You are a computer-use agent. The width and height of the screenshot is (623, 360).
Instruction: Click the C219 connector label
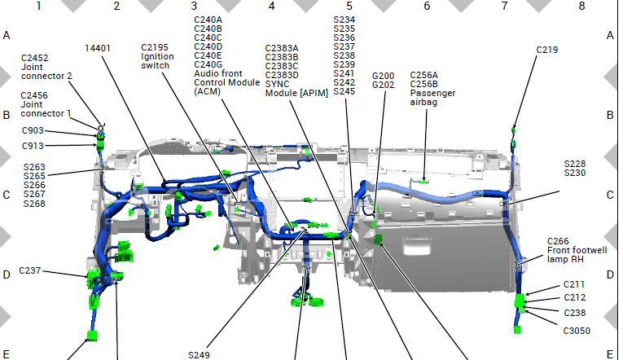pyautogui.click(x=547, y=50)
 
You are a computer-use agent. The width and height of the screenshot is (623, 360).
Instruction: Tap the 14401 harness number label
pyautogui.click(x=98, y=49)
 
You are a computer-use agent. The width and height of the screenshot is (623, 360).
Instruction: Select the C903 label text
pyautogui.click(x=33, y=131)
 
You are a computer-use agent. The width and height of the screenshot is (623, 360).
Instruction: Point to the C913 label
pyautogui.click(x=33, y=147)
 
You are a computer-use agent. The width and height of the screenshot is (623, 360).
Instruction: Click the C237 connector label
pyautogui.click(x=30, y=270)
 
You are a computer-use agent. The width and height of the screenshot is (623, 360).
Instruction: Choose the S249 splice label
pyautogui.click(x=199, y=355)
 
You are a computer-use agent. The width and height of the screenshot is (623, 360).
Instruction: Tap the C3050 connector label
pyautogui.click(x=577, y=331)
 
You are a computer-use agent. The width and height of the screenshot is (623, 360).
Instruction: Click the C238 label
pyautogui.click(x=574, y=313)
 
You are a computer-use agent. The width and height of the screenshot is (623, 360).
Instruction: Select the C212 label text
pyautogui.click(x=574, y=297)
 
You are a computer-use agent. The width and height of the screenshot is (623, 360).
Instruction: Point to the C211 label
pyautogui.click(x=574, y=284)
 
